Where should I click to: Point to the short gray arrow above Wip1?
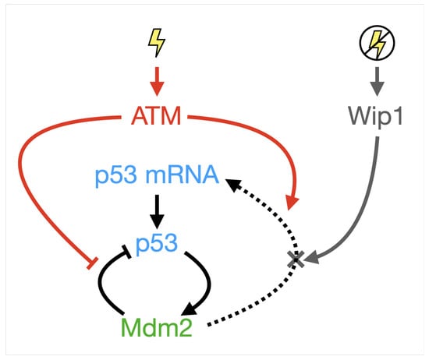pyautogui.click(x=378, y=80)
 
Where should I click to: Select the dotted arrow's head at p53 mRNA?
pyautogui.click(x=232, y=184)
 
